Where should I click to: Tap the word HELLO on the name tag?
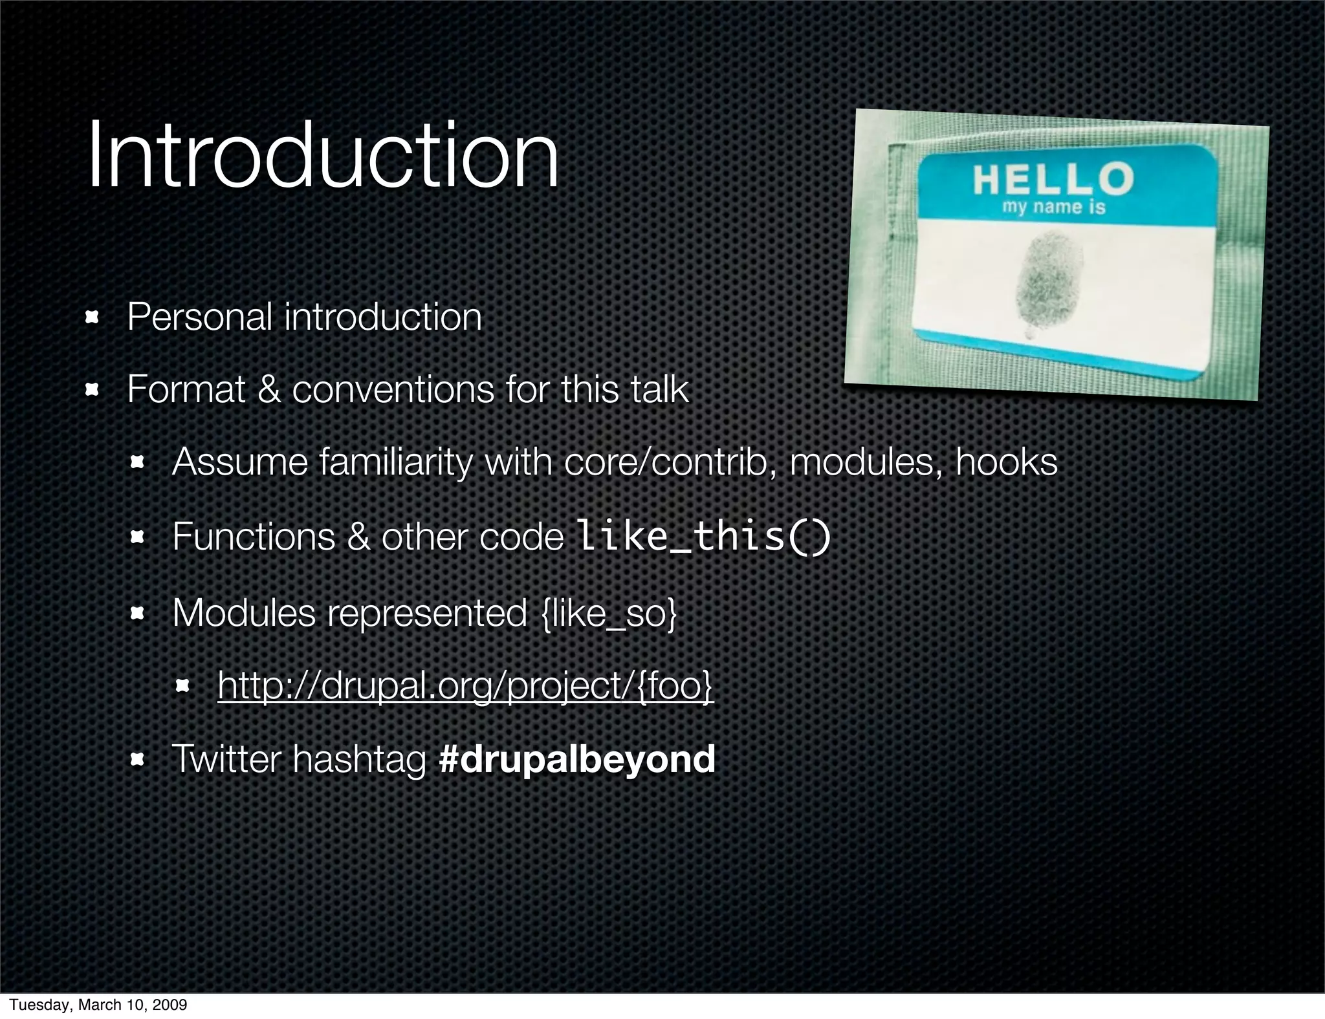(1053, 179)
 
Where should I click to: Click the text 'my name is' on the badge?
(1054, 208)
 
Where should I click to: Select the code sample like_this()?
(703, 537)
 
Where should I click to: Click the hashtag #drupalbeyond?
(576, 759)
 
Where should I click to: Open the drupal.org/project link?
(465, 685)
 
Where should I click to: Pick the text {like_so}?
(609, 613)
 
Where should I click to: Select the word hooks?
(1006, 462)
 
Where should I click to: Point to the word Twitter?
(226, 759)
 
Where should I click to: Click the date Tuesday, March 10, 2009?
(98, 1005)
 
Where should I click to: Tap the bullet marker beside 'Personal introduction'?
(92, 317)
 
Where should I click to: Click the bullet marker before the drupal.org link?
(182, 685)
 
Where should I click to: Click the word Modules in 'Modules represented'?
(244, 613)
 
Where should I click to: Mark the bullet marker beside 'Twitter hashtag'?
(137, 759)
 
